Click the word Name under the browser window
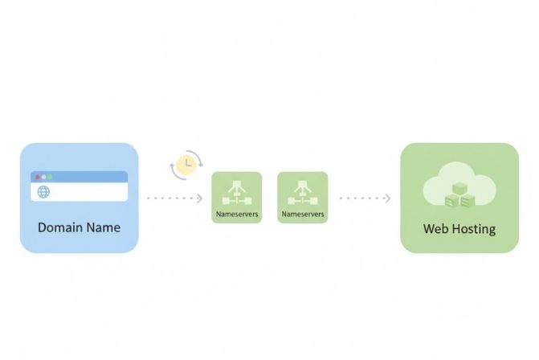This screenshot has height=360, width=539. (103, 227)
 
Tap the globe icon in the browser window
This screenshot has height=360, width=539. (43, 192)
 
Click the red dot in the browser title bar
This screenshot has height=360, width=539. (37, 176)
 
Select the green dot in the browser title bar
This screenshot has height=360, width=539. (49, 176)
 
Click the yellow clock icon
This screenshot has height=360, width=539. (185, 165)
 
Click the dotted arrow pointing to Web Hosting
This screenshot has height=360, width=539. (365, 198)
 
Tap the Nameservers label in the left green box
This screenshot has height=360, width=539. (236, 215)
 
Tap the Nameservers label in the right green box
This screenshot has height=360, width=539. (302, 215)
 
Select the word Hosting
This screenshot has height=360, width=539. (475, 229)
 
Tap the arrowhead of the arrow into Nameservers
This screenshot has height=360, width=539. (200, 198)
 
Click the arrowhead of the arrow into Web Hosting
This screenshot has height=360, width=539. (388, 198)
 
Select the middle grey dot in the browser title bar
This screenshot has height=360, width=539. (43, 176)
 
